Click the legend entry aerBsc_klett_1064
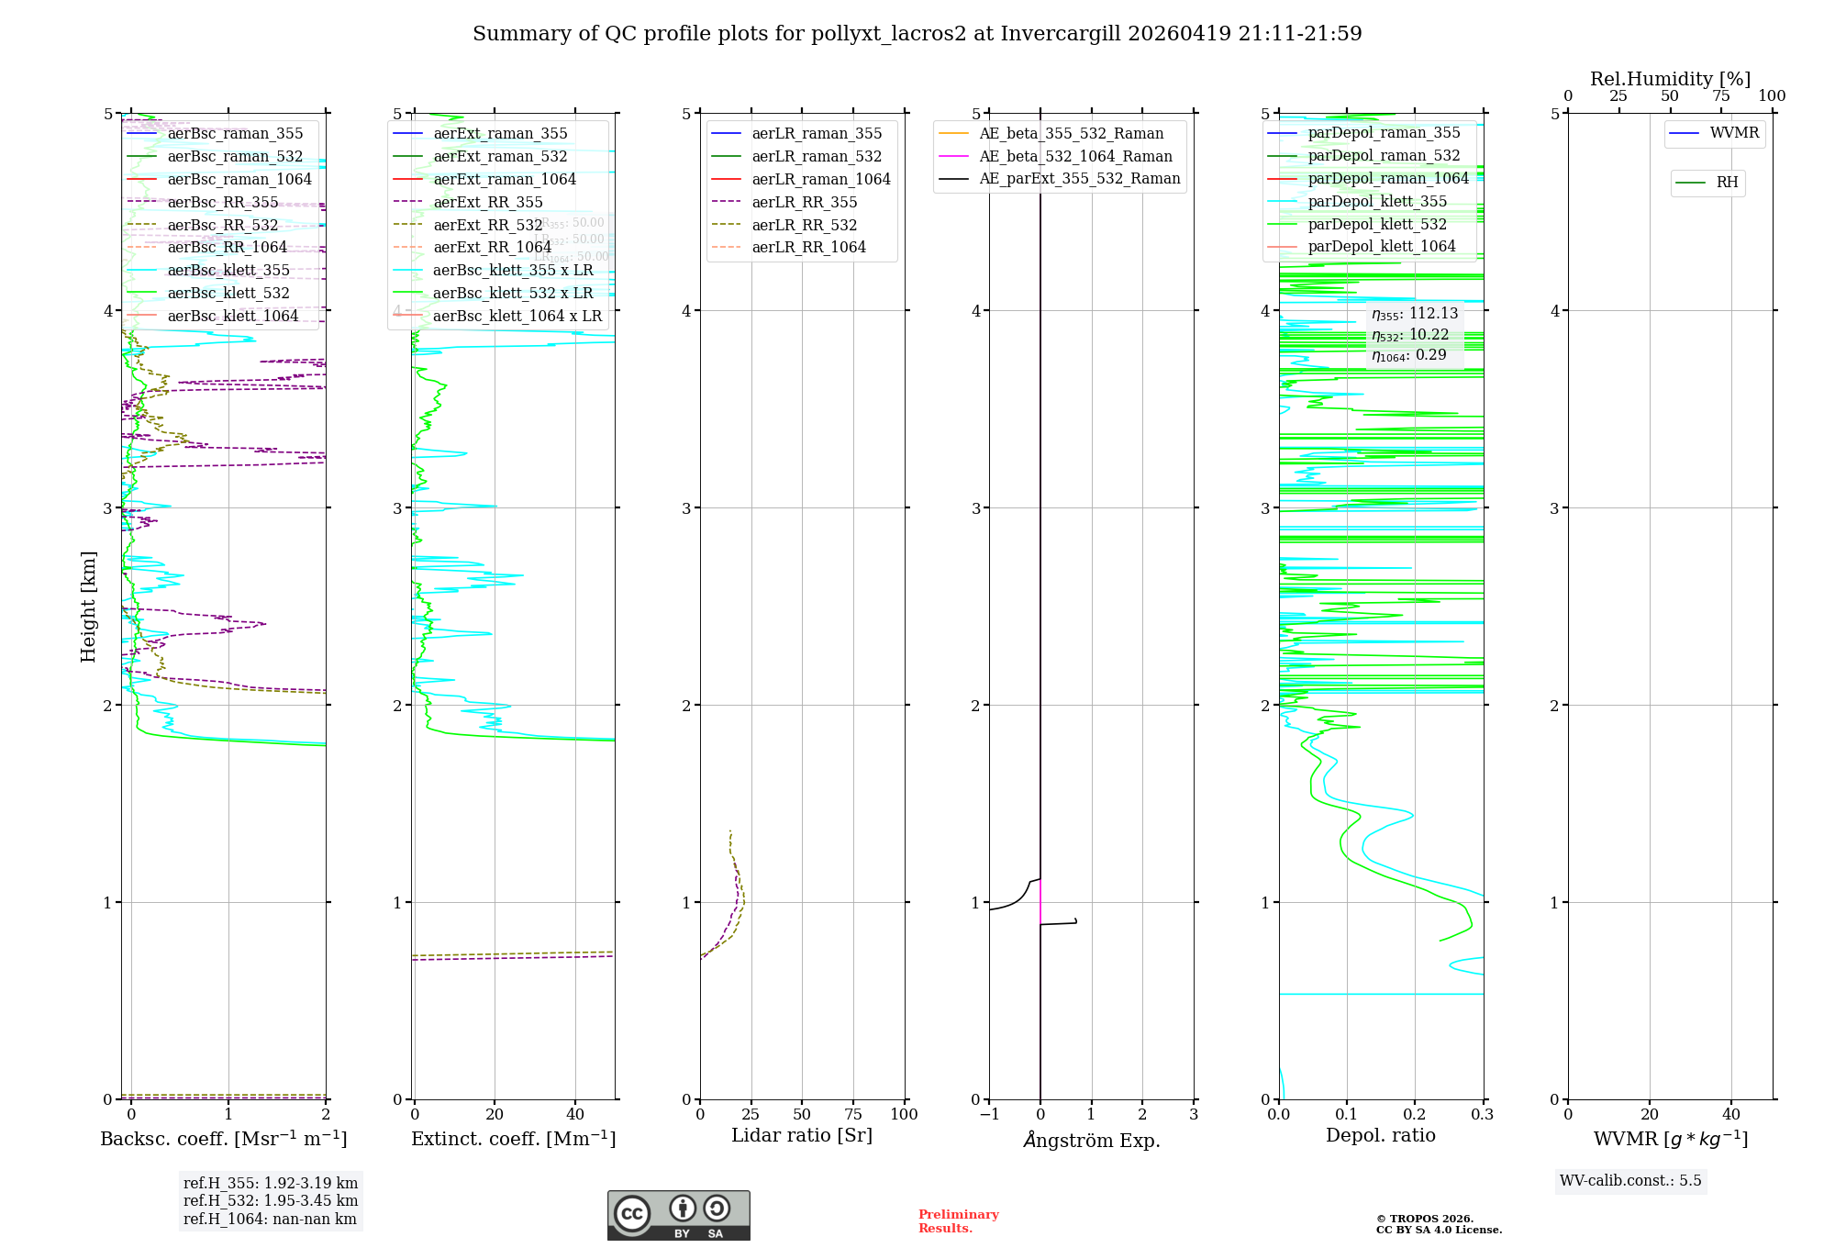click(232, 316)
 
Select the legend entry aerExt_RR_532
click(487, 225)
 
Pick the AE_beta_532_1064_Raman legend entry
click(1075, 156)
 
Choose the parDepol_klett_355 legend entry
click(1376, 201)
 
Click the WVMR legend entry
click(1734, 133)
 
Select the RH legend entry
click(1727, 183)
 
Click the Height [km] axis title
click(88, 606)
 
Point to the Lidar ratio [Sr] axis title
click(801, 1135)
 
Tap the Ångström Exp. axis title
click(1091, 1140)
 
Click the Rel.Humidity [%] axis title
click(1670, 79)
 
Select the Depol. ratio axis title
click(1380, 1135)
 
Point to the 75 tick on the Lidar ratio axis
click(853, 1114)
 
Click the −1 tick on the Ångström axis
click(989, 1114)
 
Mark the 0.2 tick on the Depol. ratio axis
click(1415, 1114)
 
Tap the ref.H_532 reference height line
click(270, 1200)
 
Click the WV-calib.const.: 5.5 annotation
click(1630, 1180)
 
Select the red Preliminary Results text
click(958, 1220)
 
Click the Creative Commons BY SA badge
click(678, 1215)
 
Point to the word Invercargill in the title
click(1061, 34)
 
